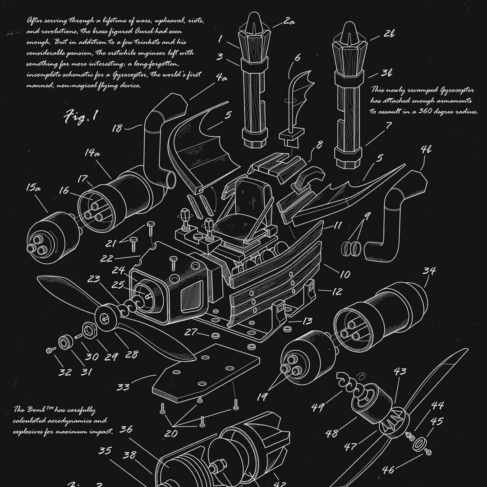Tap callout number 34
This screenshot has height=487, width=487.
tap(429, 271)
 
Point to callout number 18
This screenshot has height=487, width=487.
tap(117, 129)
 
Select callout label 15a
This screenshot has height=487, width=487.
tap(33, 188)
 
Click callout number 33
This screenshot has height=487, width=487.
tap(123, 387)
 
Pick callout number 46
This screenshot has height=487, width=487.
tap(388, 469)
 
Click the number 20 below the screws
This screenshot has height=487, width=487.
tap(170, 433)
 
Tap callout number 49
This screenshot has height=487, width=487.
tap(318, 407)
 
